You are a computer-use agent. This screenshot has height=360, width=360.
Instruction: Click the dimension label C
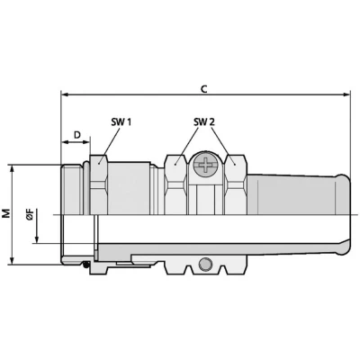pos(203,89)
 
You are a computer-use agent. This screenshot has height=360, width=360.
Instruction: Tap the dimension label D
pos(77,135)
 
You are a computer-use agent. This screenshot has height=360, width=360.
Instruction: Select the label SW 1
pos(121,121)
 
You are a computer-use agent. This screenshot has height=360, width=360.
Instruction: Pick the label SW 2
pos(204,121)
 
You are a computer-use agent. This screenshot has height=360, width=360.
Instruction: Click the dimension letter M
pos(6,213)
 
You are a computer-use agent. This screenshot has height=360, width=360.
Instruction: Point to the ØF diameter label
pos(30,215)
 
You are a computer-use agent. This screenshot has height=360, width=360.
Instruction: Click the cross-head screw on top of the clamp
pos(206,165)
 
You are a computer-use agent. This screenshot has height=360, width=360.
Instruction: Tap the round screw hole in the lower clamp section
pos(205,264)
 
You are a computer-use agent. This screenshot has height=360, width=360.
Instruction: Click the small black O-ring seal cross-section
pos(86,265)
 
